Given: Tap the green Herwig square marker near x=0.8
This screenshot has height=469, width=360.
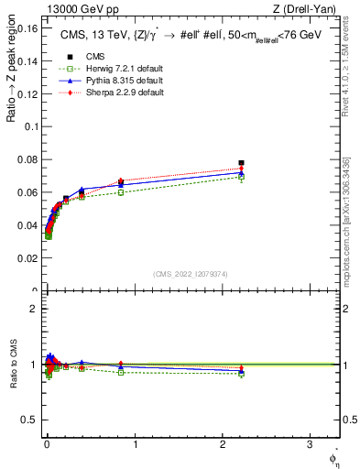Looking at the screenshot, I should click(121, 192).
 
